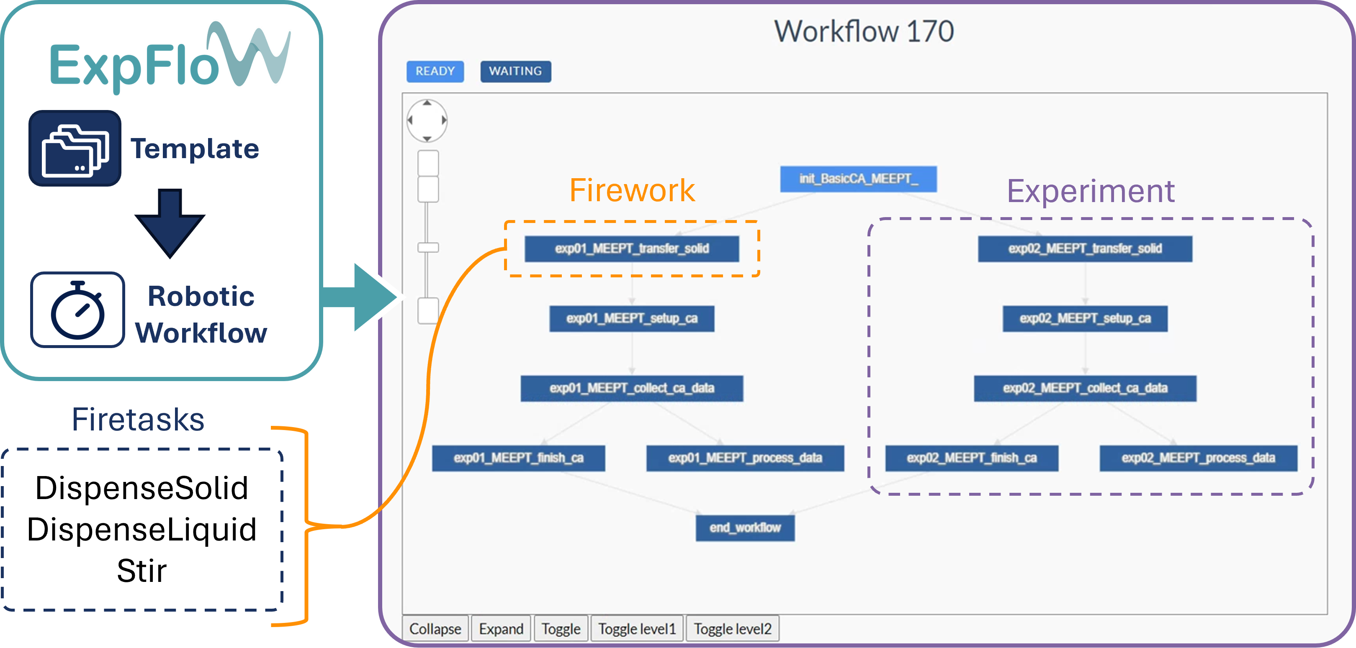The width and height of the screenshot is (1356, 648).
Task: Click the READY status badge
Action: pos(435,72)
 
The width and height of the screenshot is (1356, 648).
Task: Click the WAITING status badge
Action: pos(515,72)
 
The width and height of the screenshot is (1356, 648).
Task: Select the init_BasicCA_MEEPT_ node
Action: pos(858,179)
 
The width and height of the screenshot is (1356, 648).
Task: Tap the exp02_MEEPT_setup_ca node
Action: pos(1085,319)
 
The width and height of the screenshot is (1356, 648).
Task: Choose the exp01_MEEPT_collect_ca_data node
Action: pos(632,388)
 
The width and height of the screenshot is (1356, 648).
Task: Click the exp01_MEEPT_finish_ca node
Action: pos(519,458)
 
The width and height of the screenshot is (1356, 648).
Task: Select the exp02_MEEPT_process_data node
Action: pos(1198,458)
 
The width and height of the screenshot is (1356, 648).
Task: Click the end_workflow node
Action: pos(745,528)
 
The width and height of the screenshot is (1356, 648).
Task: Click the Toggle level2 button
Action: pos(732,628)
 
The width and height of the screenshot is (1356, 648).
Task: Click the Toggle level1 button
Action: pos(637,628)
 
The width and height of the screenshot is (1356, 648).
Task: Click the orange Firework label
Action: pos(632,190)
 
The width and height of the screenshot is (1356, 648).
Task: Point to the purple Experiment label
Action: pos(1090,191)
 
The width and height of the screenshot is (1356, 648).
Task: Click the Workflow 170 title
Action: pos(863,31)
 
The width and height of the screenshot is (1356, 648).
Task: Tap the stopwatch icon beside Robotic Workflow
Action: pos(78,310)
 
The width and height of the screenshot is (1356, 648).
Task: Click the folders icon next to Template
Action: pos(75,149)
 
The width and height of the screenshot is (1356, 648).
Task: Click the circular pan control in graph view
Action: pos(427,120)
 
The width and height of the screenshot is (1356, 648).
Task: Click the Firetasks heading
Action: pos(138,420)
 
